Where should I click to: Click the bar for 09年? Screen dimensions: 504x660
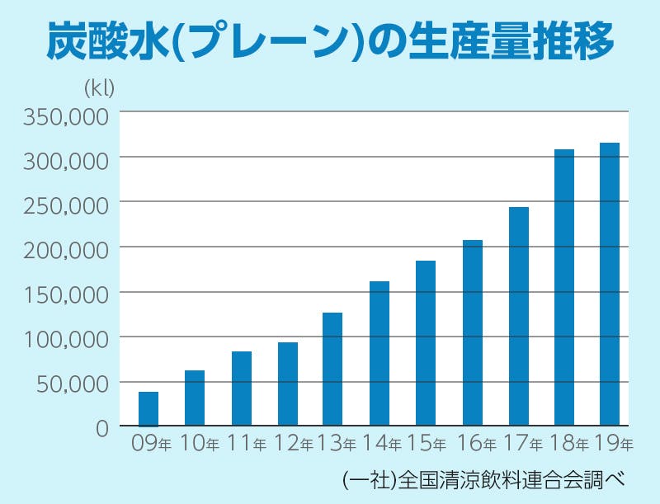pos(148,408)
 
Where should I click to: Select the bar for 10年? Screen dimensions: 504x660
pos(195,398)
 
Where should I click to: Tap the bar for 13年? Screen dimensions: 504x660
pos(332,369)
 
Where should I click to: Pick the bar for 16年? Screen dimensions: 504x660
pos(472,332)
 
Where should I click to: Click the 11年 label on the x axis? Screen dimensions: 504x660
pos(247,444)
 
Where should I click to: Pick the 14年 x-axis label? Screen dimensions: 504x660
pos(384,444)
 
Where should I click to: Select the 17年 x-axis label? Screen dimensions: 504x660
pos(522,444)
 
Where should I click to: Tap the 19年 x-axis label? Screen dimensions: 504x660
pos(615,444)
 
